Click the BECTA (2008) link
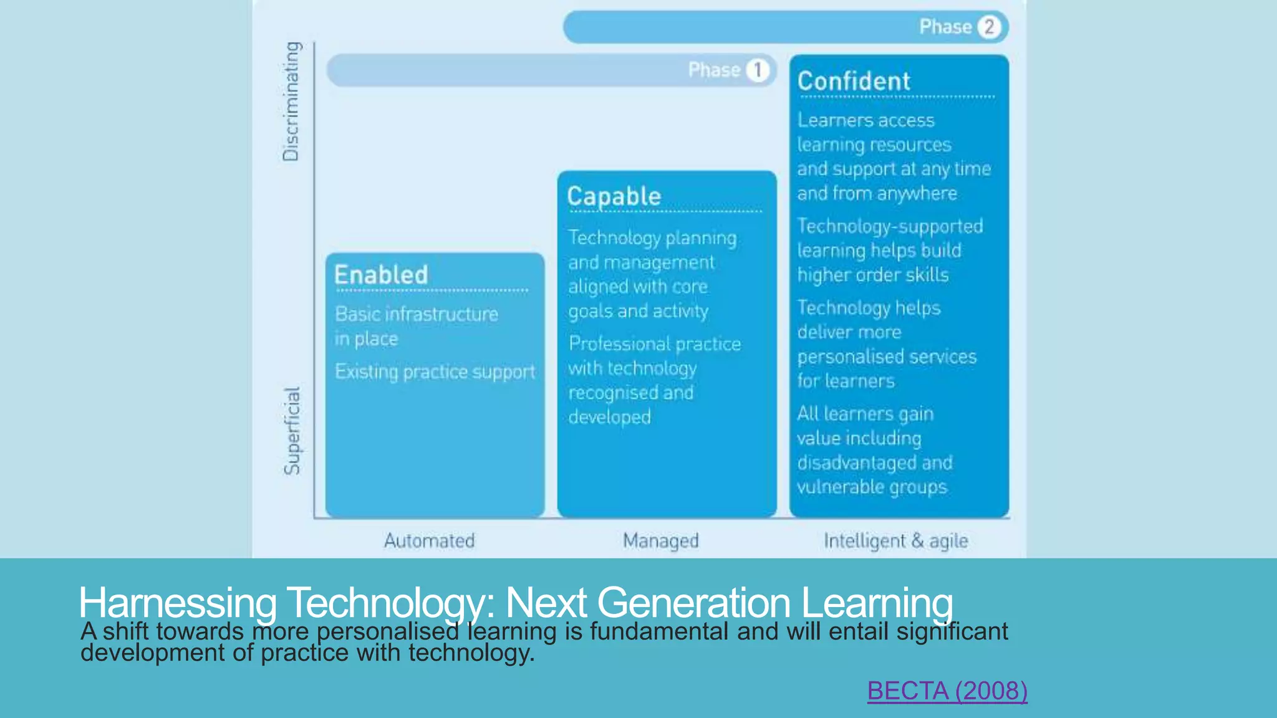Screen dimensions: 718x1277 (x=947, y=691)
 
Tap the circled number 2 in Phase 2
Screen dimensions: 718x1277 (x=989, y=27)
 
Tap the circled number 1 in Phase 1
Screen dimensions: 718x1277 (x=758, y=70)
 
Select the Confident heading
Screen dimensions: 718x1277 (x=854, y=82)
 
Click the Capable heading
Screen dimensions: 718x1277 (x=614, y=196)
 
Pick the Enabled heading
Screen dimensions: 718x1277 (x=381, y=275)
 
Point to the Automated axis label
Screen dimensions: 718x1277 (x=429, y=540)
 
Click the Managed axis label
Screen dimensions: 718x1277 (x=660, y=540)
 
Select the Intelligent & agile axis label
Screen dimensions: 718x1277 (x=895, y=540)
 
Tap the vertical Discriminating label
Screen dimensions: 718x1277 (x=291, y=101)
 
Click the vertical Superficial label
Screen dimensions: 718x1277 (x=292, y=431)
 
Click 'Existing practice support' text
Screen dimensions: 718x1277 (x=435, y=371)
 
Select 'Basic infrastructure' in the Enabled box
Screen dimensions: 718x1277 (x=417, y=314)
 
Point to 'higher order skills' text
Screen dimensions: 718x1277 (x=873, y=275)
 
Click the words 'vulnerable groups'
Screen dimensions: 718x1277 (x=872, y=487)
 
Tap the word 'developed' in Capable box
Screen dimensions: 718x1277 (x=609, y=417)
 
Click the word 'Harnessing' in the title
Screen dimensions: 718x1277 (x=177, y=602)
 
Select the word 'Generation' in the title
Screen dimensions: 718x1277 (x=693, y=602)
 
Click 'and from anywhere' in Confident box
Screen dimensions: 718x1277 (x=877, y=193)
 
